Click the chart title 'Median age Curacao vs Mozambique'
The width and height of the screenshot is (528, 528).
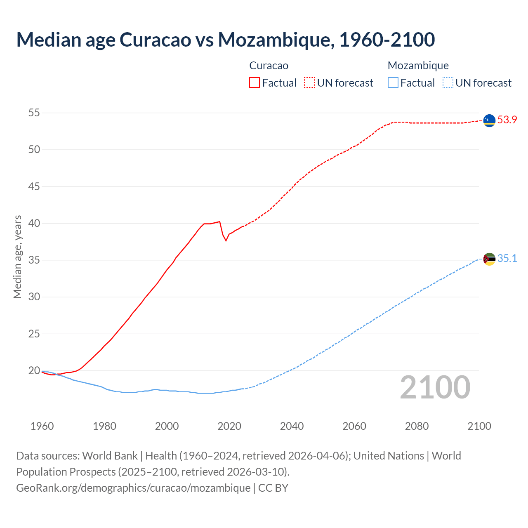[225, 40]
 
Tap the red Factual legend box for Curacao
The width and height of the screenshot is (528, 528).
[255, 82]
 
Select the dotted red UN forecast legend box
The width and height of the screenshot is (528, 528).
[309, 82]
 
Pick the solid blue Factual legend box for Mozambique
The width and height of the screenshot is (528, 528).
[393, 82]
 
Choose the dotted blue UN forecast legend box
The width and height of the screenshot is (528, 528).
[448, 82]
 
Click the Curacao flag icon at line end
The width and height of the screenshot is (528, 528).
[489, 120]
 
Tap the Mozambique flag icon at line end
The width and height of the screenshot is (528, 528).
[489, 259]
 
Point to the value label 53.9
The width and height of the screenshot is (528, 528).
[507, 120]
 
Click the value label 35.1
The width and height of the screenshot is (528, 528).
[507, 259]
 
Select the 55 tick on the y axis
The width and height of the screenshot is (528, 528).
[34, 113]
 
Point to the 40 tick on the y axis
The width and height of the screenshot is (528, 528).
[34, 223]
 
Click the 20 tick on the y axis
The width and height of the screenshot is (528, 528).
[34, 370]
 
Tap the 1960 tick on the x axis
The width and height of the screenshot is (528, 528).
[42, 426]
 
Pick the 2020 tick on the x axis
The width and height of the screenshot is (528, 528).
[229, 426]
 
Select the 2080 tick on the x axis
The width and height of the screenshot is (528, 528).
[417, 426]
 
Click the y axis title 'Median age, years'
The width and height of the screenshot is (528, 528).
[17, 257]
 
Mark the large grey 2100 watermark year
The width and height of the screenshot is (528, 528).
[435, 387]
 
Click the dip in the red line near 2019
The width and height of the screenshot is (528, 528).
[226, 240]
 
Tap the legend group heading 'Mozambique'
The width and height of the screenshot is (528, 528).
[418, 66]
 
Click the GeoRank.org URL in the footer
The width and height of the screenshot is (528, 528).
[133, 488]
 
